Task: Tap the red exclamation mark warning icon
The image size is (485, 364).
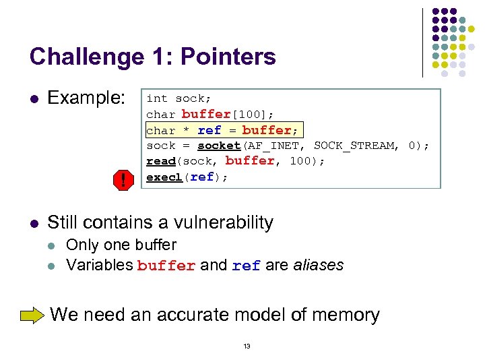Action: tap(123, 180)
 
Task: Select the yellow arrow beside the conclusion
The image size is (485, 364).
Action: tap(32, 315)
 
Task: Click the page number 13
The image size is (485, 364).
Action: tap(247, 346)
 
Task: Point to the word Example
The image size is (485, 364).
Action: tap(86, 98)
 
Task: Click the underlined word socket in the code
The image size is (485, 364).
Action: tap(219, 146)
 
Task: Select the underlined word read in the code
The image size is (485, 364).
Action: tap(161, 161)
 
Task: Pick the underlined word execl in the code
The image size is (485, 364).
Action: tap(164, 177)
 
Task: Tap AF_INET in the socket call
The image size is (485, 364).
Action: tap(277, 146)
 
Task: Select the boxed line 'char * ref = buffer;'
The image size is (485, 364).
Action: tap(222, 130)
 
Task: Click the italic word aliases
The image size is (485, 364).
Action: tap(319, 265)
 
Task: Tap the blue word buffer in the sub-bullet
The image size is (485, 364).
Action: tap(166, 266)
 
